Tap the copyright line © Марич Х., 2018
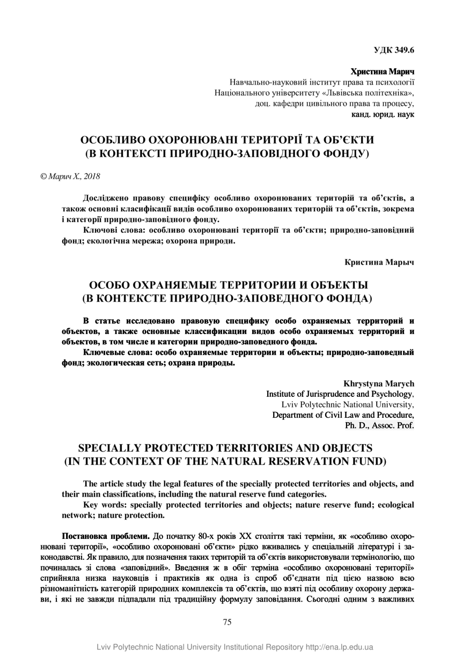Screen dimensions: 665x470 tap(70, 176)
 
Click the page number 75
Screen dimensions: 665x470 tap(227, 622)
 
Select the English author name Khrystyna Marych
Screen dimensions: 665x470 tap(379, 383)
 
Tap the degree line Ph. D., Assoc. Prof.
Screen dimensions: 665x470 tap(380, 425)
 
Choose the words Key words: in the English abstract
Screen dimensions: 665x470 tap(105, 505)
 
